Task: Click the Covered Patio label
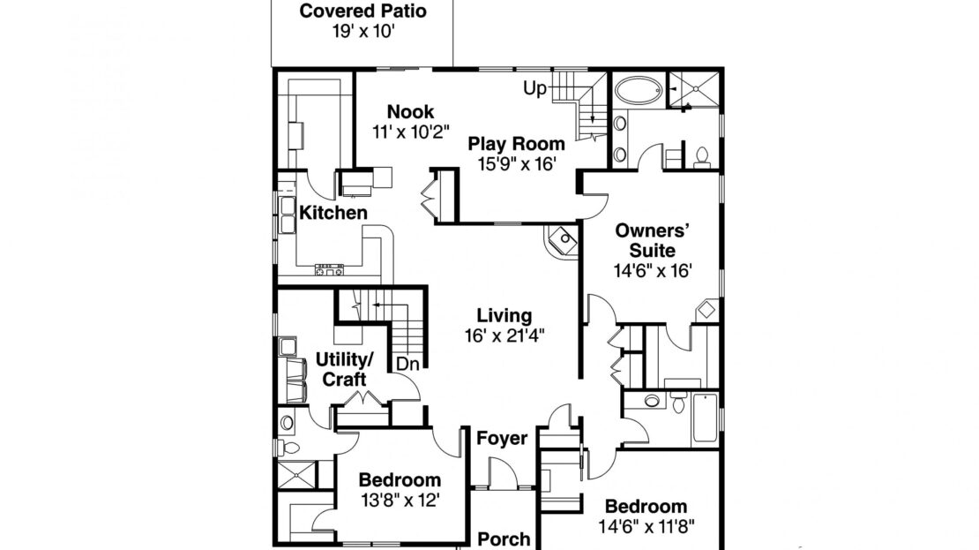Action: tap(362, 11)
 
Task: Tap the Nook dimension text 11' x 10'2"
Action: tap(411, 132)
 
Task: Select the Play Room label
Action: tap(516, 145)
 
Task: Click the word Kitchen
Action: tap(333, 213)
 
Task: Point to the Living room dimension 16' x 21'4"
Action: tap(504, 335)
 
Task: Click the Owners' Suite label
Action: tap(653, 241)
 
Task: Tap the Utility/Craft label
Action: tap(345, 369)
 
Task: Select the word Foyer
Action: tap(502, 439)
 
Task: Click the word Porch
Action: tap(504, 539)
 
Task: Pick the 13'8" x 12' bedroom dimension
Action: tap(400, 500)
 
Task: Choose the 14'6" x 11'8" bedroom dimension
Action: tap(646, 526)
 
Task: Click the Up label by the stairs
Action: tap(534, 89)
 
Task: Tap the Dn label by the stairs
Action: tap(407, 364)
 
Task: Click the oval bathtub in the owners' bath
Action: tap(638, 91)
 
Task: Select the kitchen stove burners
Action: tap(329, 271)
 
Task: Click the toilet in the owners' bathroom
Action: tap(702, 158)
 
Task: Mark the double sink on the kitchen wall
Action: tap(288, 215)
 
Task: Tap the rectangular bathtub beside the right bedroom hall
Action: tap(705, 418)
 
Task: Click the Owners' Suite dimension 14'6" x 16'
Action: tap(653, 271)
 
